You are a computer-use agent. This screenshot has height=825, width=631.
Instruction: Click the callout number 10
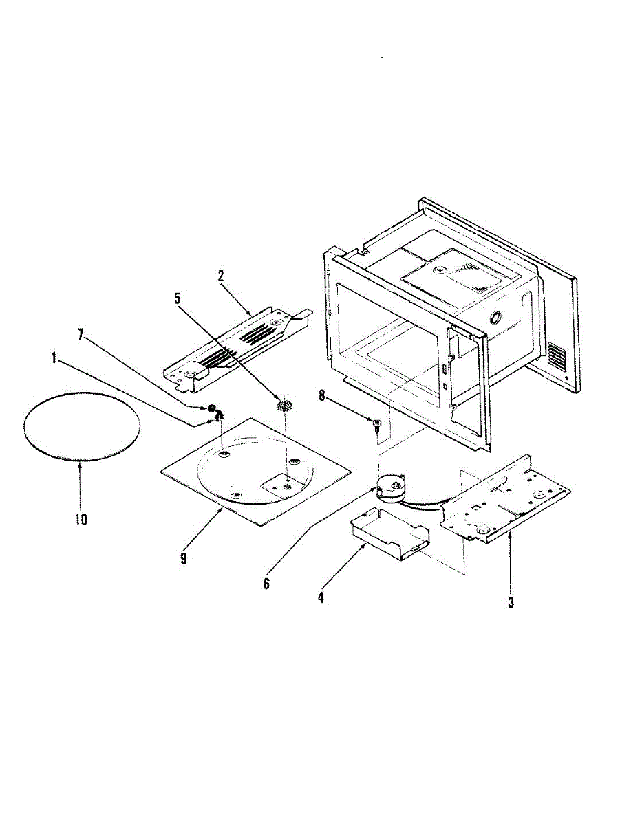point(81,519)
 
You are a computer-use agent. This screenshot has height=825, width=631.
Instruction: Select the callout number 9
point(183,558)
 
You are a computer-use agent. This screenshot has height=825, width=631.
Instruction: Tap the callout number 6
point(266,584)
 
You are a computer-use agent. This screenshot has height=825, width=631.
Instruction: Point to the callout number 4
point(321,597)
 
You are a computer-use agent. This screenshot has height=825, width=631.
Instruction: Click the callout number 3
point(511,604)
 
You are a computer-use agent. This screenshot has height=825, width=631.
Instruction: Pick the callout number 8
point(321,395)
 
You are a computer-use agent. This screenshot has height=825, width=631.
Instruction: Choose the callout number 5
point(178,298)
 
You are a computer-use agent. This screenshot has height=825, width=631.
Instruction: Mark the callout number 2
point(221,276)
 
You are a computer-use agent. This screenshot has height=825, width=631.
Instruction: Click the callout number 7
point(81,335)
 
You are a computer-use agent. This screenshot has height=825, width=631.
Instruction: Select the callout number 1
point(53,357)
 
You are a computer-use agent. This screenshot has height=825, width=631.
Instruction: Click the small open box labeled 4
point(389,531)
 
